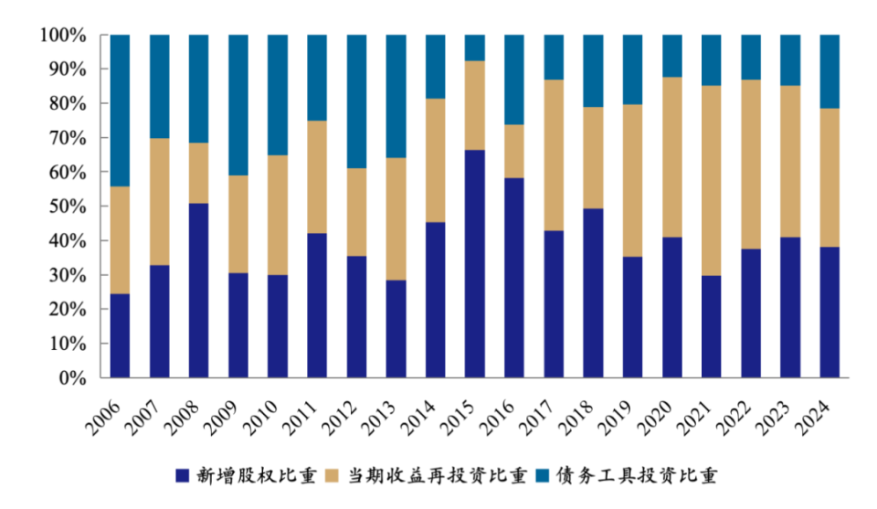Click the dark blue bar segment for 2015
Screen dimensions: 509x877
coord(474,263)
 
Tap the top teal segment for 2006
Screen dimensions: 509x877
coord(120,111)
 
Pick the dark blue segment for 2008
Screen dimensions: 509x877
coord(198,290)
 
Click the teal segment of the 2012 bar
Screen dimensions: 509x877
coord(356,101)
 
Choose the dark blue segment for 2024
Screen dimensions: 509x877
coord(829,312)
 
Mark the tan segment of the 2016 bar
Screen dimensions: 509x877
coord(514,151)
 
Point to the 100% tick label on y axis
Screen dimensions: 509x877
coord(63,36)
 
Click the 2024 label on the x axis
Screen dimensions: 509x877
coord(819,408)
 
